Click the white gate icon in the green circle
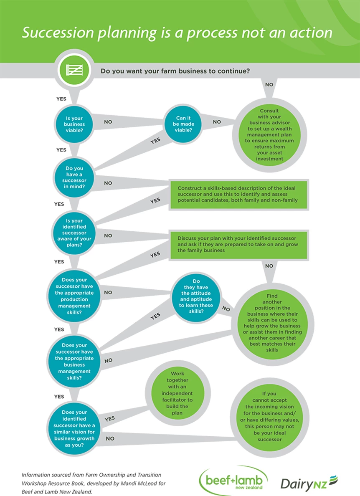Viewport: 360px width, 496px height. coord(74,70)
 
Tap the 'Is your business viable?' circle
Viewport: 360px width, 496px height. coord(74,124)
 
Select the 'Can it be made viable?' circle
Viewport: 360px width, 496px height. coord(183,124)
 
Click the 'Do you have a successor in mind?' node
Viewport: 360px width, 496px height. coord(74,177)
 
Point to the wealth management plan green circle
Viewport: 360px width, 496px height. coord(269,135)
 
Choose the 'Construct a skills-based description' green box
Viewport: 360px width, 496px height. coord(238,194)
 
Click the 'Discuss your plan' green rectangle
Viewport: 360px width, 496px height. coord(238,244)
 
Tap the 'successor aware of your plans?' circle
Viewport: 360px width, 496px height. coord(74,233)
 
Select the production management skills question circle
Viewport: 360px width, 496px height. coord(74,296)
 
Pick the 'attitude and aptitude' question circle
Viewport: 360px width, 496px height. coord(196,296)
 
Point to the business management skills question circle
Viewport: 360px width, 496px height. coord(74,361)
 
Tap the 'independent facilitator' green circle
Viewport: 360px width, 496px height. coord(177,394)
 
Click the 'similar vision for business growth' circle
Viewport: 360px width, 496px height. coord(74,428)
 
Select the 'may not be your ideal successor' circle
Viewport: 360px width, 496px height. coord(269,417)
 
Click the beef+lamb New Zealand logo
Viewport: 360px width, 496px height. coord(233,481)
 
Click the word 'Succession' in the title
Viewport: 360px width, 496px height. coord(58,33)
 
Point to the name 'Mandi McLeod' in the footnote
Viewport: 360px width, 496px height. coord(145,483)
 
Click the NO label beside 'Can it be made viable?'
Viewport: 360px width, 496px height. coord(217,122)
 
